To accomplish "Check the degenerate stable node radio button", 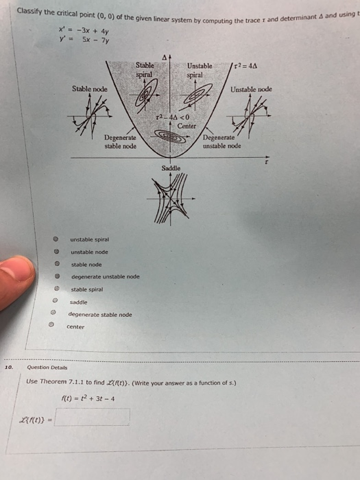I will coord(53,314).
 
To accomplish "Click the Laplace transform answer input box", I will coord(93,417).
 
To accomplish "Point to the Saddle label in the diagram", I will coord(171,167).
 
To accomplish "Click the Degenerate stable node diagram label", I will coord(120,142).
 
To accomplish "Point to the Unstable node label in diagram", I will coord(251,89).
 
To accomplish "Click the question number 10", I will coord(9,367).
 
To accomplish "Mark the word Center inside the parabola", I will coord(187,126).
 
